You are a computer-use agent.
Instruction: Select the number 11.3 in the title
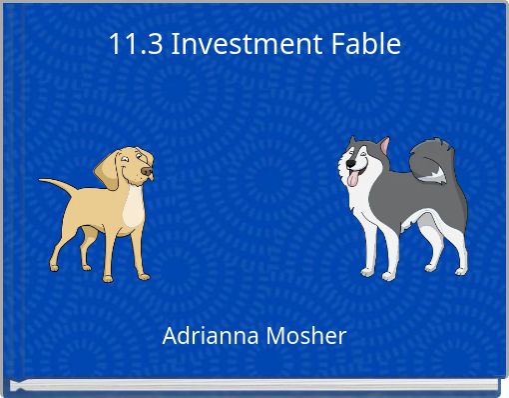135,44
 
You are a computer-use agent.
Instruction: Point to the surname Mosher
306,336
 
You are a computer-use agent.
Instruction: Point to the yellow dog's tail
58,184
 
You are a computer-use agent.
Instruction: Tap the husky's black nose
343,166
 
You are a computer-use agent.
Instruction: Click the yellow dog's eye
137,160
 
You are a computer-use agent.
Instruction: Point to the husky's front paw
370,273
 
